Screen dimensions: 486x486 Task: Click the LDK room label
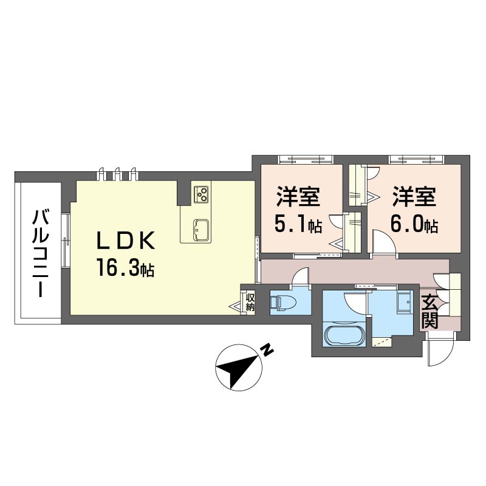(x=126, y=241)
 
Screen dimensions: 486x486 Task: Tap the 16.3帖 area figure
(x=125, y=267)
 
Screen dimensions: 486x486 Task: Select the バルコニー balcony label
(x=41, y=253)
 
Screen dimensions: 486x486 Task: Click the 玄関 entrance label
(x=430, y=312)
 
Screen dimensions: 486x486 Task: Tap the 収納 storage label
(x=250, y=302)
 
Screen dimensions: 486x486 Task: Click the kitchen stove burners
(x=201, y=194)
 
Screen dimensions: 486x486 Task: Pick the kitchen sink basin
(x=201, y=230)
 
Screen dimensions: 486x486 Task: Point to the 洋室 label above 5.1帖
(x=298, y=196)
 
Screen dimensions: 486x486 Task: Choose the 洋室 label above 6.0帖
(x=414, y=196)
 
